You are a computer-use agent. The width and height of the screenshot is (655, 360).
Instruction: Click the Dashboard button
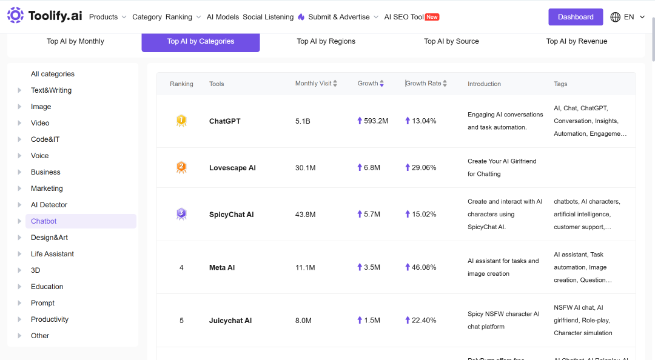point(575,17)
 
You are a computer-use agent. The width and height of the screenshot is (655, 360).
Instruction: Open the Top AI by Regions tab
point(326,41)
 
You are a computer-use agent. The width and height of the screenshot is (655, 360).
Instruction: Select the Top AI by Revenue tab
point(577,41)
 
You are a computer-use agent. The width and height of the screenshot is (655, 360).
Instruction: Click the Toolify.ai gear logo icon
point(15,15)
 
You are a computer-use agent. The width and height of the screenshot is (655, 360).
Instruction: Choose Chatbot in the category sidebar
point(44,221)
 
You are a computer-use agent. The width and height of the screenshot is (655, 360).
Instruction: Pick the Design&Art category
point(49,238)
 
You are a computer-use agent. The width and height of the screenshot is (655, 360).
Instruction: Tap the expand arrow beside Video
point(19,123)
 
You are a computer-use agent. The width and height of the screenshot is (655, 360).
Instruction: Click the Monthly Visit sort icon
point(335,84)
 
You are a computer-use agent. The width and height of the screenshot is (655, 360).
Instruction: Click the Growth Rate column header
point(423,84)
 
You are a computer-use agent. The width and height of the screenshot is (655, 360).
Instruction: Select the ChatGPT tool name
point(225,121)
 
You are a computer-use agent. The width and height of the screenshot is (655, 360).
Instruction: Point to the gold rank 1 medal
point(181,121)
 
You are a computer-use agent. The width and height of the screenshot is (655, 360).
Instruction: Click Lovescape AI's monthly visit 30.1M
point(305,168)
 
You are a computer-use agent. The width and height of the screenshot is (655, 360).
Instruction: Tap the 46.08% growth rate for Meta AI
point(423,267)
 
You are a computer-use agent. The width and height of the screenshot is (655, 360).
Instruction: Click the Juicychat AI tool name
point(230,321)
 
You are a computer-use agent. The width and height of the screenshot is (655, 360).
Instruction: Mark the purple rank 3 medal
point(181,214)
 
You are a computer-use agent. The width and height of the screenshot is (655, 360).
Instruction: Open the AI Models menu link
point(223,17)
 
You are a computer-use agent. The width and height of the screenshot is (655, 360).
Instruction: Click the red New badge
point(432,17)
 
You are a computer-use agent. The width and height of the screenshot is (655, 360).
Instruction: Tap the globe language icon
point(616,17)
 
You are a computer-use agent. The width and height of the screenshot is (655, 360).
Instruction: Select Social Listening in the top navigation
point(268,17)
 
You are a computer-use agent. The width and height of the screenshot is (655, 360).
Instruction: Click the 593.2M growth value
point(375,121)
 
